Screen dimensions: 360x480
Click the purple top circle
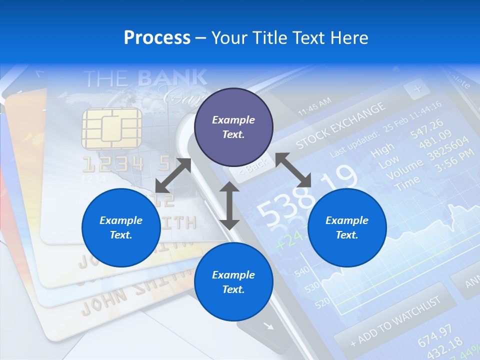[233, 127]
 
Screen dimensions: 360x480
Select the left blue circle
[121, 227]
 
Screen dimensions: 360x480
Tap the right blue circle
[347, 227]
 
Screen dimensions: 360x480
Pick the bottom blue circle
[233, 282]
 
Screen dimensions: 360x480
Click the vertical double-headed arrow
[229, 205]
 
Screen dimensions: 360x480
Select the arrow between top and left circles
[173, 175]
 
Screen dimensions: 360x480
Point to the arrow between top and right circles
[293, 170]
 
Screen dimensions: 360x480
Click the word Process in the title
[157, 37]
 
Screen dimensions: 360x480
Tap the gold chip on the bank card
[111, 128]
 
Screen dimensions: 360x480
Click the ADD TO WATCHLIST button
[395, 320]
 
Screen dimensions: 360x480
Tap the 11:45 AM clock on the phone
[314, 106]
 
